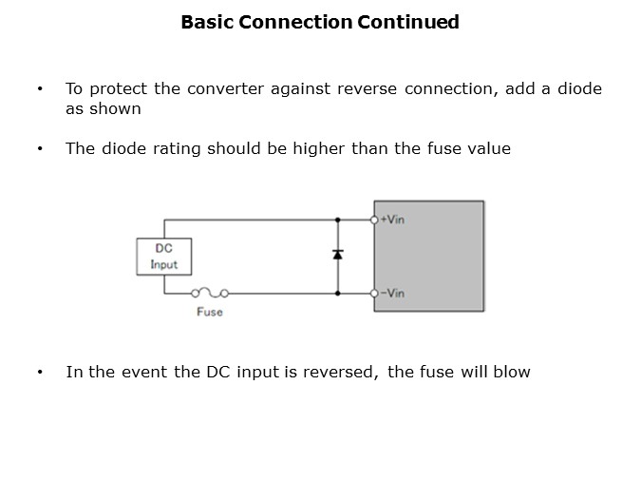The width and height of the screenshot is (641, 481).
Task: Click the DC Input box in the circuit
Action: pyautogui.click(x=163, y=257)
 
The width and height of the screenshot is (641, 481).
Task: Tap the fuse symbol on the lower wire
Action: pyautogui.click(x=208, y=294)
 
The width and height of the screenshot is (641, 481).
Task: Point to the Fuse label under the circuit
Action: pyautogui.click(x=209, y=312)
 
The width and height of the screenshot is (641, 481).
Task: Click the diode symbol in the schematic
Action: pyautogui.click(x=338, y=255)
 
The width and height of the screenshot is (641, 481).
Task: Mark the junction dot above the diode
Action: pyautogui.click(x=338, y=220)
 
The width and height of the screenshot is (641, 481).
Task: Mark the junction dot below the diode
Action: pyautogui.click(x=338, y=294)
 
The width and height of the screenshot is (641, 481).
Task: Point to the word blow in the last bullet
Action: pyautogui.click(x=511, y=372)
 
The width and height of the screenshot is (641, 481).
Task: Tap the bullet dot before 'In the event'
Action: pyautogui.click(x=40, y=372)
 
